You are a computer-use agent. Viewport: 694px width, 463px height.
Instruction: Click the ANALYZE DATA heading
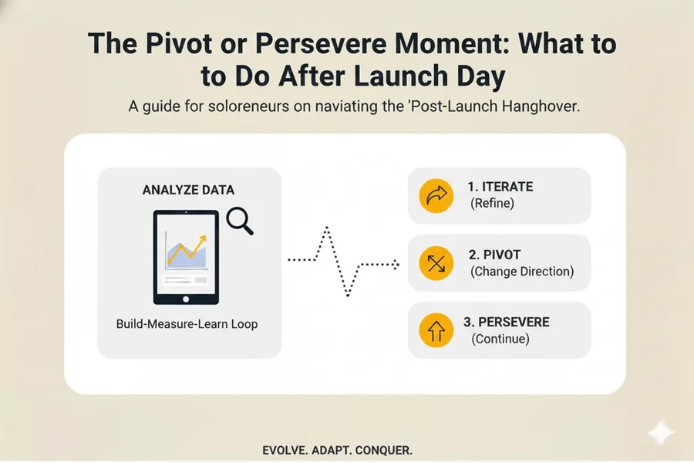[x=189, y=190]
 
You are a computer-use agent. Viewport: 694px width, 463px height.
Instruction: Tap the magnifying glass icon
[x=240, y=222]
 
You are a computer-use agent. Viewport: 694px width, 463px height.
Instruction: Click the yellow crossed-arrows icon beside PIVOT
[x=436, y=264]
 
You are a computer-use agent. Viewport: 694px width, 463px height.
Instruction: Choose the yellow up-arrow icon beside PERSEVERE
[x=436, y=330]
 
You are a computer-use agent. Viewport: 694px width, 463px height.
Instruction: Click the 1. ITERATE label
[x=500, y=188]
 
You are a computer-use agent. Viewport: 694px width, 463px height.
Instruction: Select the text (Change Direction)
[x=521, y=272]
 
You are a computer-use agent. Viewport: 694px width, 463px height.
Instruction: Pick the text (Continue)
[x=500, y=338]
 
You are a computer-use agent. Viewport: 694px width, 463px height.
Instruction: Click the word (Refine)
[x=492, y=204]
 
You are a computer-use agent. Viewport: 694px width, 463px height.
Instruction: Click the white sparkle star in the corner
[x=661, y=434]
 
